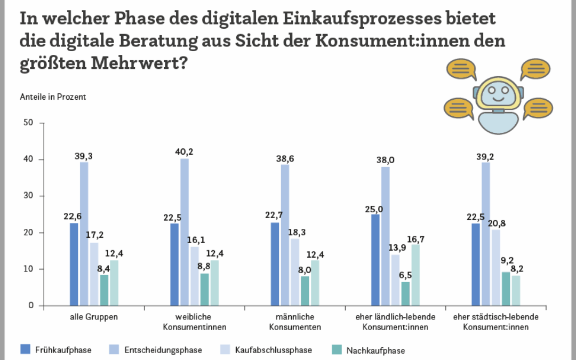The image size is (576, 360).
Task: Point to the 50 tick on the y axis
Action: [29, 123]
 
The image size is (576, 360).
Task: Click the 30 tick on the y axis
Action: [29, 196]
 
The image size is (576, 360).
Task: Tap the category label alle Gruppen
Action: [94, 317]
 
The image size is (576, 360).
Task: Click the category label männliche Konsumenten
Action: [295, 322]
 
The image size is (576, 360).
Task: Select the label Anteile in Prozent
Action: [53, 97]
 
